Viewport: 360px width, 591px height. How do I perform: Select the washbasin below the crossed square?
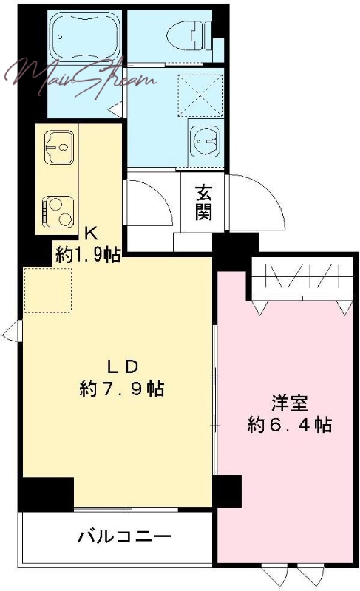205,140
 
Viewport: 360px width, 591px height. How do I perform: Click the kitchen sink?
59,147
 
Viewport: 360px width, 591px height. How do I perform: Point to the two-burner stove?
58,212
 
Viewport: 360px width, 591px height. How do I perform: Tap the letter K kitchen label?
91,233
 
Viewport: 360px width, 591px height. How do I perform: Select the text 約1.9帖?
88,254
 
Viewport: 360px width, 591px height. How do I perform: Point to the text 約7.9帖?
122,389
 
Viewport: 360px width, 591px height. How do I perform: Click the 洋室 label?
290,403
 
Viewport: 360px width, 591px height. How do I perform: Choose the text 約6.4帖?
290,425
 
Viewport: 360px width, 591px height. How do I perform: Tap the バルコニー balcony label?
125,536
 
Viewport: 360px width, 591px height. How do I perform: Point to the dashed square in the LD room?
48,290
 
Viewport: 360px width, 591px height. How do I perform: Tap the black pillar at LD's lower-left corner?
46,494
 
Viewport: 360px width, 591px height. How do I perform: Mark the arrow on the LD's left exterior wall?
12,331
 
